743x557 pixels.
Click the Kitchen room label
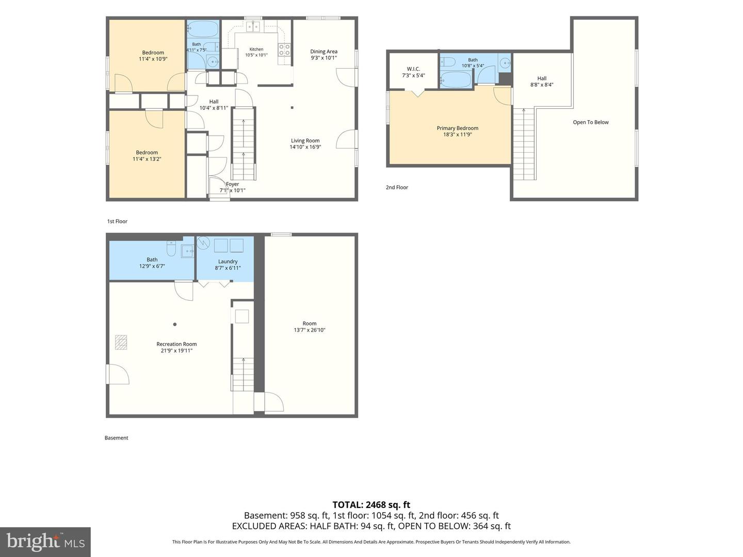coord(256,50)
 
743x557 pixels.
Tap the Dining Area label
coord(324,52)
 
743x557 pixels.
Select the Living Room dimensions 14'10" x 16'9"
coord(305,147)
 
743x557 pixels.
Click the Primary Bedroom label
coord(457,128)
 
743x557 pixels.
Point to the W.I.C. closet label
coord(413,69)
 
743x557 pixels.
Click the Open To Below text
coord(590,122)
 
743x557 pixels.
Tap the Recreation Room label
coord(176,344)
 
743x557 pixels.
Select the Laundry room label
coord(228,261)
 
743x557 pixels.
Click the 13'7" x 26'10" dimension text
coord(310,330)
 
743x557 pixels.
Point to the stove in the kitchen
coord(284,50)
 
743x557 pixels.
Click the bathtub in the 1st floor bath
coord(202,29)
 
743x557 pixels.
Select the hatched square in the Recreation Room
coord(121,342)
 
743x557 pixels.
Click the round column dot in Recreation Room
coord(175,324)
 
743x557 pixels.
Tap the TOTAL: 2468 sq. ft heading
coord(371,505)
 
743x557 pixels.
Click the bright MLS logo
coord(45,542)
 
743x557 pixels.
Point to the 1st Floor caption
coord(117,222)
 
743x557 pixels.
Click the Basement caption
coord(116,438)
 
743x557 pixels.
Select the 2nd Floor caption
coord(397,187)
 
